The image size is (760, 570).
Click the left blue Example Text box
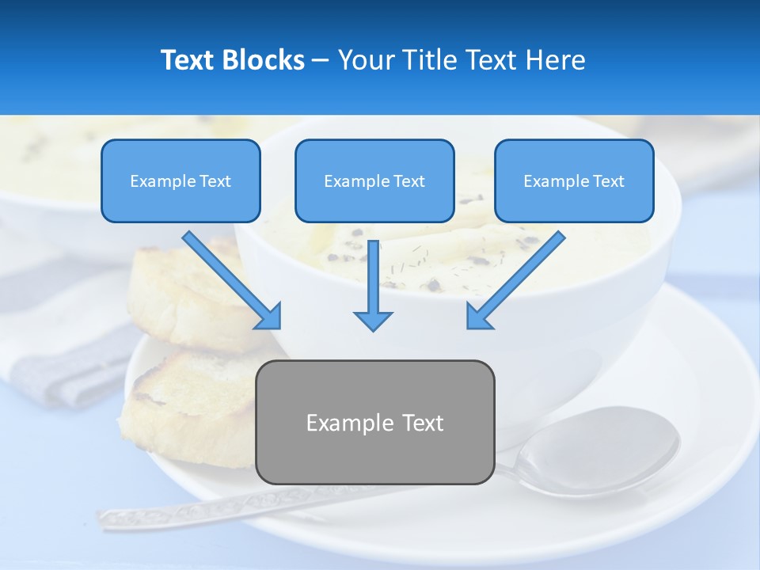click(x=180, y=181)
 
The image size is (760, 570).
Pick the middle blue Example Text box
click(x=374, y=181)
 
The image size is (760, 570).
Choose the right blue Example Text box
click(x=574, y=181)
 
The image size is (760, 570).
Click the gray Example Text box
click(x=374, y=423)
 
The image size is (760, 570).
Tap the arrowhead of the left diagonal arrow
click(x=269, y=316)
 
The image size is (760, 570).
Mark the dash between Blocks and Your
click(x=321, y=61)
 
